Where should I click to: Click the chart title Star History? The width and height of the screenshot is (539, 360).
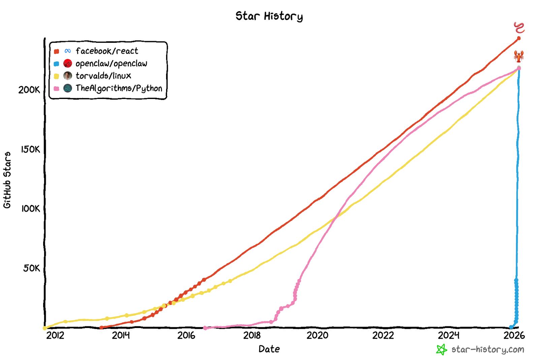pos(269,16)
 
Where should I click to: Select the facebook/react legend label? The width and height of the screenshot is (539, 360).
pos(107,51)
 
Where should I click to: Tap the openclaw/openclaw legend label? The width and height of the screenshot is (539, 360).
pos(111,64)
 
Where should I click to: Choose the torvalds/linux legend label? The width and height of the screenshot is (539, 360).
pos(103,76)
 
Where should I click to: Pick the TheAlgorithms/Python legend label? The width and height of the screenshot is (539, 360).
pos(119,88)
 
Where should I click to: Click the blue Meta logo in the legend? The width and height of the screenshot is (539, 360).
pos(68,51)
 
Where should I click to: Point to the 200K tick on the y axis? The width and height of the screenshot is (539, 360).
pos(29,90)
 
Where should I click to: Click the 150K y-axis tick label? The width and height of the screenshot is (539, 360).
pos(30,149)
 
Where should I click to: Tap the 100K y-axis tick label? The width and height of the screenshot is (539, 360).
pos(30,209)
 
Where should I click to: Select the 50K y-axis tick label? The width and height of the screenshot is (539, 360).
pos(32,268)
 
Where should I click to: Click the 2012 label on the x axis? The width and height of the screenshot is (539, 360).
pos(55,335)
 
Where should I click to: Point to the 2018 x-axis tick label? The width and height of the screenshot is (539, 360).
pos(252,335)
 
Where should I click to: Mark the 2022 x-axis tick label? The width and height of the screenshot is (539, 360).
pos(383,335)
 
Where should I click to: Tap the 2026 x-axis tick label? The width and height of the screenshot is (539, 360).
pos(514,335)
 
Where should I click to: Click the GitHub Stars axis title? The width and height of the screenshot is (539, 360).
pos(7,180)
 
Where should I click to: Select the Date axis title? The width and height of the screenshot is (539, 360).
pos(269,349)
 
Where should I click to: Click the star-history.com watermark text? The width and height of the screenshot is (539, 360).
pos(487,350)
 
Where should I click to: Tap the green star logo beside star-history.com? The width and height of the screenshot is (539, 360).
pos(441,350)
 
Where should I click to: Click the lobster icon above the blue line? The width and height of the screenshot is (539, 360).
pos(519,56)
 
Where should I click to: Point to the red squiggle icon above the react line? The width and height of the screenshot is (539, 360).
pos(519,28)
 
